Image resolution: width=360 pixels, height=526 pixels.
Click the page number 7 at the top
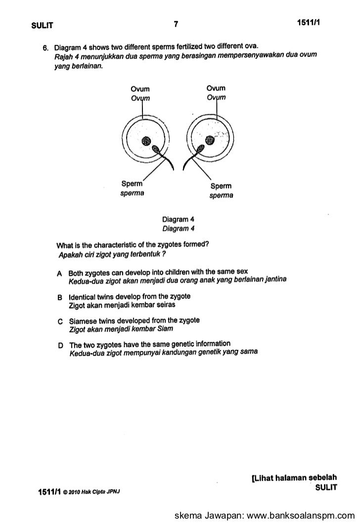176,24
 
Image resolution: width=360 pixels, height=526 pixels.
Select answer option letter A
59,272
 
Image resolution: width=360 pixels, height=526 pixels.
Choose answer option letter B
59,297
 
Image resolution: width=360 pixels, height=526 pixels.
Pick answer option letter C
59,321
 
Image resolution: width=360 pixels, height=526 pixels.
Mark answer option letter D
59,345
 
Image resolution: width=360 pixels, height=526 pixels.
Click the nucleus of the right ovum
210,140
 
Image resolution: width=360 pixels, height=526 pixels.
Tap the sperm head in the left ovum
157,149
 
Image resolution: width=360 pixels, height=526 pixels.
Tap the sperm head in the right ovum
201,148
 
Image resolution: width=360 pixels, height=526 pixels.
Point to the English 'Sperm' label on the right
221,187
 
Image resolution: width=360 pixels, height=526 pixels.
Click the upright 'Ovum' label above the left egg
139,89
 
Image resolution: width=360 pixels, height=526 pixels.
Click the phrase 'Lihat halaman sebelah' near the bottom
295,478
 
